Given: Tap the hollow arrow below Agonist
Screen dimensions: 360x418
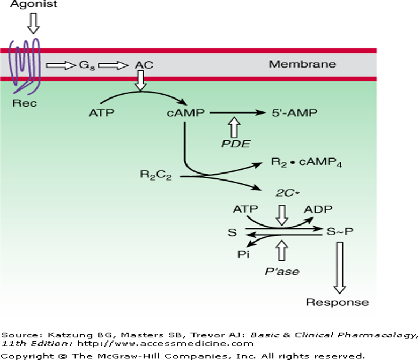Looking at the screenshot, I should pyautogui.click(x=33, y=23).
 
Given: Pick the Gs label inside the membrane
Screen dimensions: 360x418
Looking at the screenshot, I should pyautogui.click(x=86, y=65).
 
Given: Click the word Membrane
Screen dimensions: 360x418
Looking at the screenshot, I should pyautogui.click(x=302, y=64).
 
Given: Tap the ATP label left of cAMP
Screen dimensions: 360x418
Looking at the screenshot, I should pyautogui.click(x=102, y=114).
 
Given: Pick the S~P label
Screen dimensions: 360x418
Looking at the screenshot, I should pyautogui.click(x=340, y=231).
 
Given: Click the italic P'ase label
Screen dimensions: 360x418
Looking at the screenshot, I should pyautogui.click(x=282, y=271).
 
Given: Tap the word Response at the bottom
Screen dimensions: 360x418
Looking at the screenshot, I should pyautogui.click(x=337, y=302).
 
